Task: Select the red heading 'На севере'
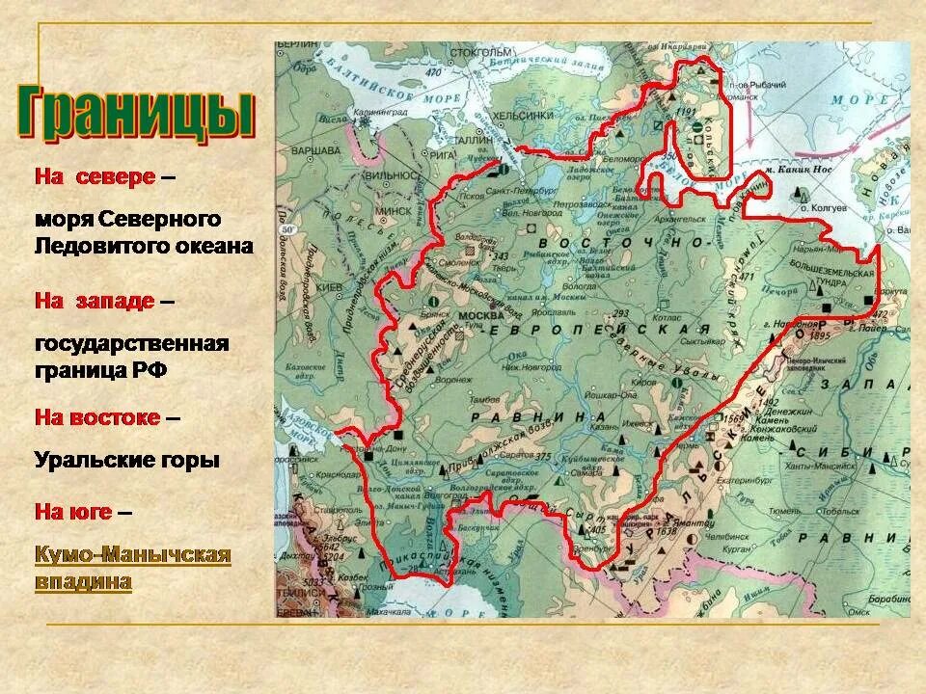coord(95,177)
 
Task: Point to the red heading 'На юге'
coord(72,511)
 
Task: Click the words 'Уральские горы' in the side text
coord(126,460)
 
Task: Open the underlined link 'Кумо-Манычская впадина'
coord(132,569)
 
